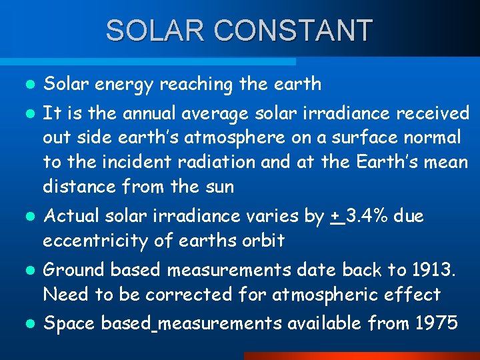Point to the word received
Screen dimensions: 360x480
coord(433,113)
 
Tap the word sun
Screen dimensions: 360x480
coord(218,187)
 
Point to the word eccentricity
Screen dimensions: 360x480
coord(95,241)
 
